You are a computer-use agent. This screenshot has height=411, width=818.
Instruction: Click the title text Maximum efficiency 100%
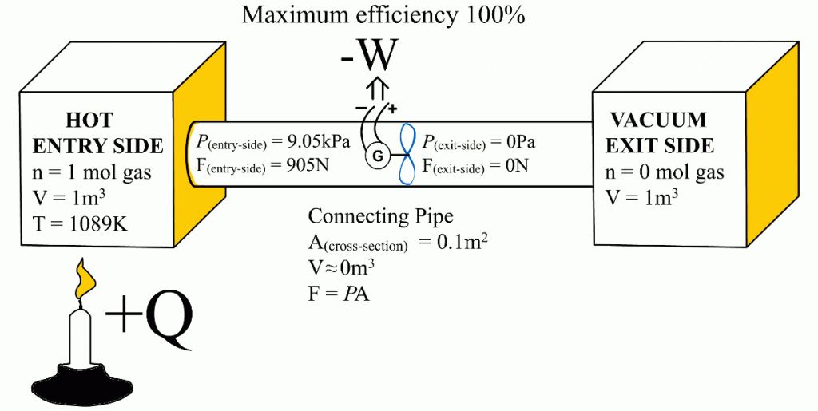pos(383,15)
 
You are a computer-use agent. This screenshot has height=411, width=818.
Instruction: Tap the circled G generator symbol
pos(375,157)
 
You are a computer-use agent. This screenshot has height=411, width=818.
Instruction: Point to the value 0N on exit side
pos(519,165)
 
